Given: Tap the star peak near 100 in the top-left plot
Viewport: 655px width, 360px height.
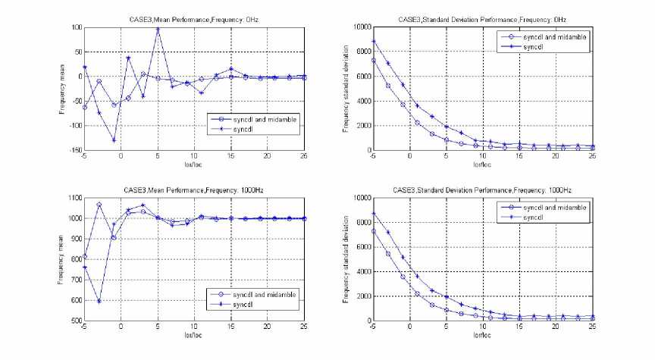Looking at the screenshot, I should (x=158, y=30).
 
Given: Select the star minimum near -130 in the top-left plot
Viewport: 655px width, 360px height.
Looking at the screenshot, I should (x=114, y=140).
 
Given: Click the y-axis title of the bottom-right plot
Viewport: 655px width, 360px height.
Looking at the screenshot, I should (x=345, y=259).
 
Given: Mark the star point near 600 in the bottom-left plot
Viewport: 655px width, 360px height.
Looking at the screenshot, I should (x=99, y=302).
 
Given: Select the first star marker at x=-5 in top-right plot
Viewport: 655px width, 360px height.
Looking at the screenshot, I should (x=373, y=41).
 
